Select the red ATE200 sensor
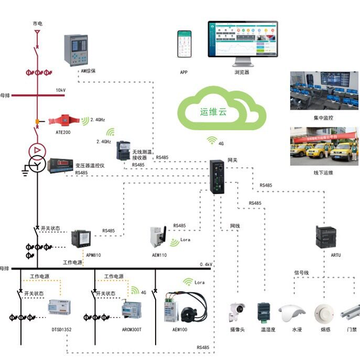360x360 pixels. pos(63,121)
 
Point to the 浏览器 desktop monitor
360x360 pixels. pos(243,42)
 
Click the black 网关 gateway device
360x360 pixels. pos(216,177)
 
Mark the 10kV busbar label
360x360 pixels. pos(61,90)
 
